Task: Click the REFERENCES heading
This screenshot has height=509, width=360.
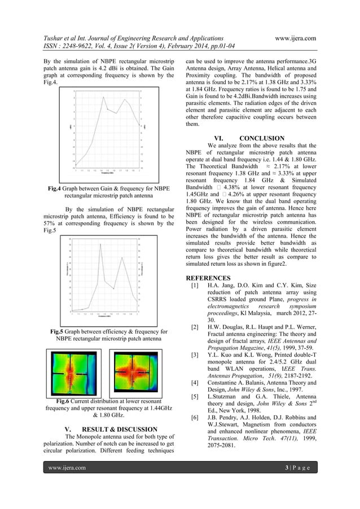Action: (208, 278)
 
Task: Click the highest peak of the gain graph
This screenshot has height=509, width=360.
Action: (103, 98)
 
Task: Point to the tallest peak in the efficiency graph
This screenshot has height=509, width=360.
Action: (100, 244)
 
